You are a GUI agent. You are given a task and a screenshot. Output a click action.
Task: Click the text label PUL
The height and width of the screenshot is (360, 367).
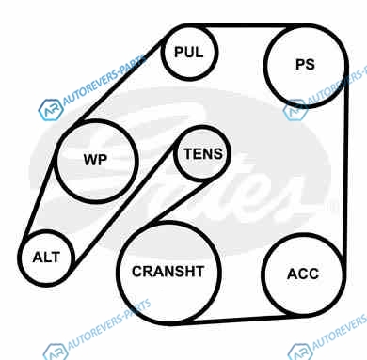(x=189, y=52)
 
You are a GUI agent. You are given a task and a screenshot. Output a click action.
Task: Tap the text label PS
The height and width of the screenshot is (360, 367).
(x=305, y=65)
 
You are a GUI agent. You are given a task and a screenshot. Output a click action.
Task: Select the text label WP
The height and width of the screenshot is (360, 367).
(x=95, y=160)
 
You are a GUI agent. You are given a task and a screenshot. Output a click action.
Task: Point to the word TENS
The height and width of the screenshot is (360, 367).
(x=203, y=154)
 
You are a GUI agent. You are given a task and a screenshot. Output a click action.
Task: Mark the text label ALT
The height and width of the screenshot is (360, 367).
(x=46, y=258)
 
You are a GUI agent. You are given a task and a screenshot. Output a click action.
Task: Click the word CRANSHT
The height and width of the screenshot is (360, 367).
(x=168, y=272)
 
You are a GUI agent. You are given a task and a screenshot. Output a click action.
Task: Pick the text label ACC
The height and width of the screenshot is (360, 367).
(x=303, y=274)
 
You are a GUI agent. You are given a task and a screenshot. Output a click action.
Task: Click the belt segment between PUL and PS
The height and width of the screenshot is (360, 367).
(x=247, y=25)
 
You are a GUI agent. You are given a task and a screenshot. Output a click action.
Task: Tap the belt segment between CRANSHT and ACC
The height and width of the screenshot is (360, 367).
(x=238, y=320)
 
